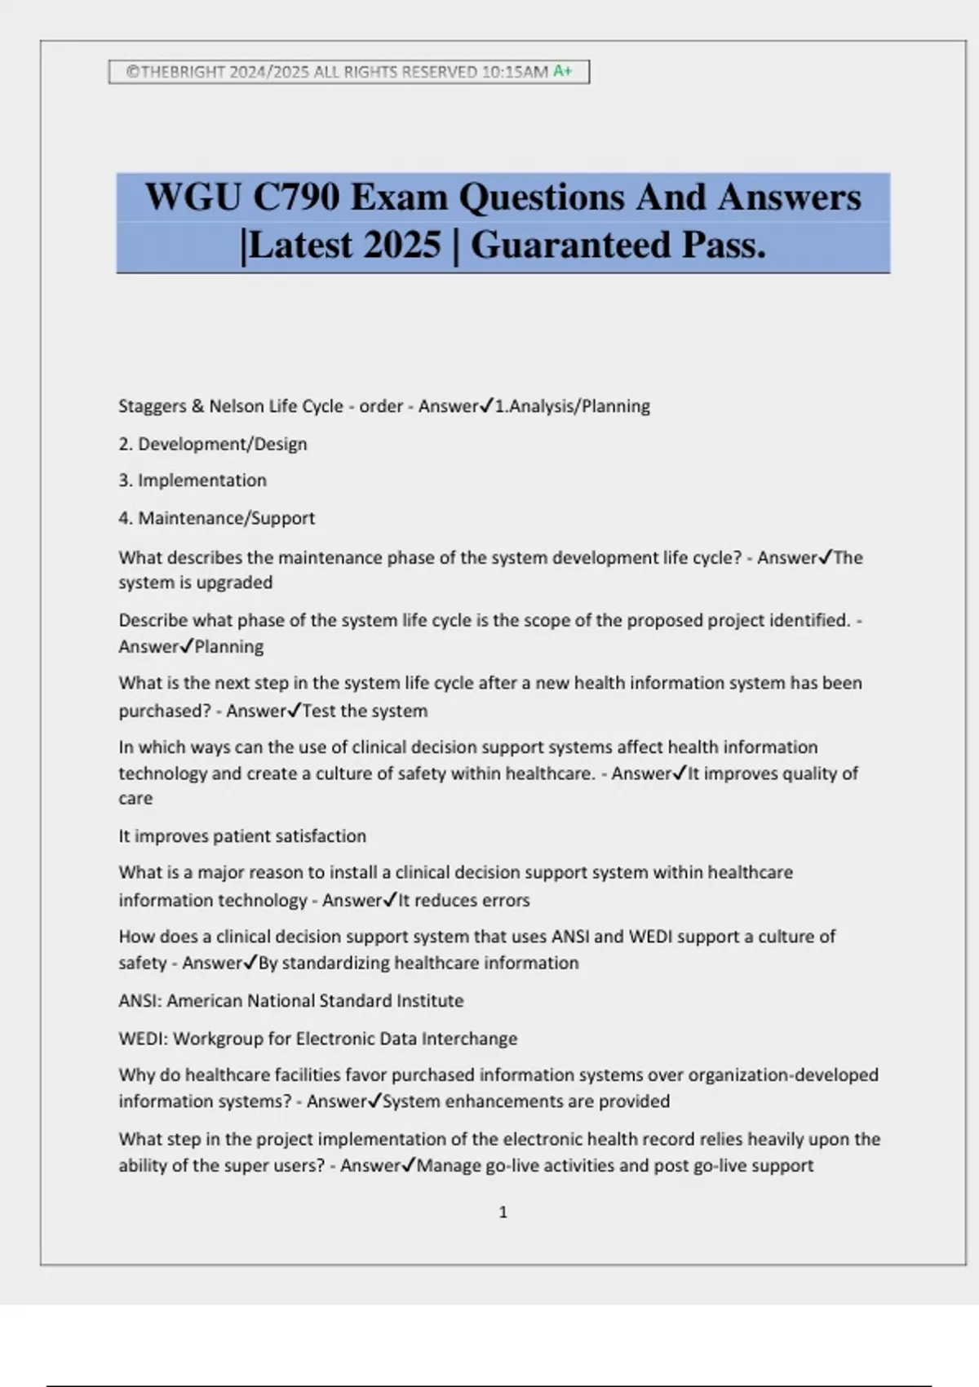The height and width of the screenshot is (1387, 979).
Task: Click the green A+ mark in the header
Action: coord(562,71)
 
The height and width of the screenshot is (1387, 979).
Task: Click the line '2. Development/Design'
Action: coord(213,444)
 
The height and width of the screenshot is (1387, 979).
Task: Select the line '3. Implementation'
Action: coord(193,481)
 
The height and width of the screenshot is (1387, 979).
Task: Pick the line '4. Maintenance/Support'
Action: coord(216,518)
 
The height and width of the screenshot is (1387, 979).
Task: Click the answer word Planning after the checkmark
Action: coord(229,647)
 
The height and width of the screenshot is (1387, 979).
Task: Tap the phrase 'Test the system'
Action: coord(365,711)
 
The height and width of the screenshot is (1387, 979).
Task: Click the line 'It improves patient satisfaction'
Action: coord(242,836)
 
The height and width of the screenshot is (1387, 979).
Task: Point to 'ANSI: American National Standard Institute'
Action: coord(290,1001)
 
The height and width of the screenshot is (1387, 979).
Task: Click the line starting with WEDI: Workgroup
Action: coord(317,1039)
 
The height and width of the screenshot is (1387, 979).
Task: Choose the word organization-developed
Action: coord(783,1075)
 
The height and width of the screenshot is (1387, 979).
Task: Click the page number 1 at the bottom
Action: coord(503,1212)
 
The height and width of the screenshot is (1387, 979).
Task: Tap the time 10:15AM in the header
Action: coord(515,72)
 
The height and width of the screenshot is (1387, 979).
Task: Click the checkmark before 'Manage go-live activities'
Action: coord(409,1164)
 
